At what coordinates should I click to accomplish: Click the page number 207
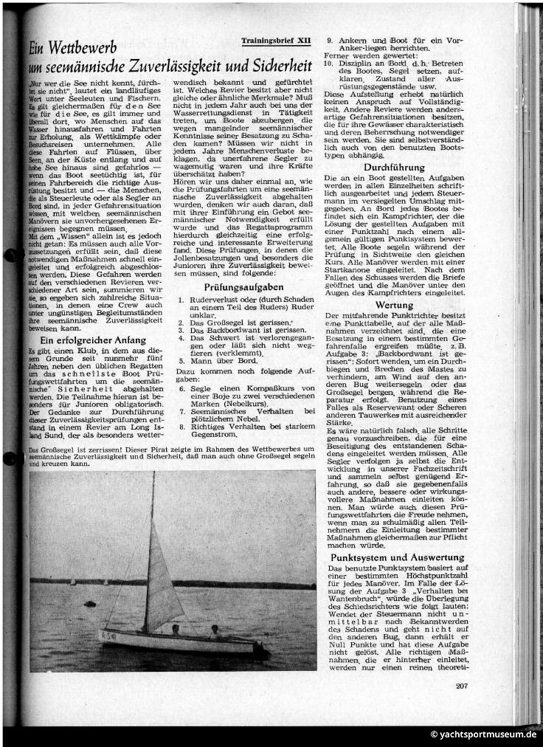pos(462,686)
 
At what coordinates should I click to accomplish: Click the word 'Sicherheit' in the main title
pos(273,67)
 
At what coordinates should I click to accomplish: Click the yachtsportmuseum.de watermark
pos(484,735)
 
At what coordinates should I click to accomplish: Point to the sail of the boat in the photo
pos(165,576)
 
